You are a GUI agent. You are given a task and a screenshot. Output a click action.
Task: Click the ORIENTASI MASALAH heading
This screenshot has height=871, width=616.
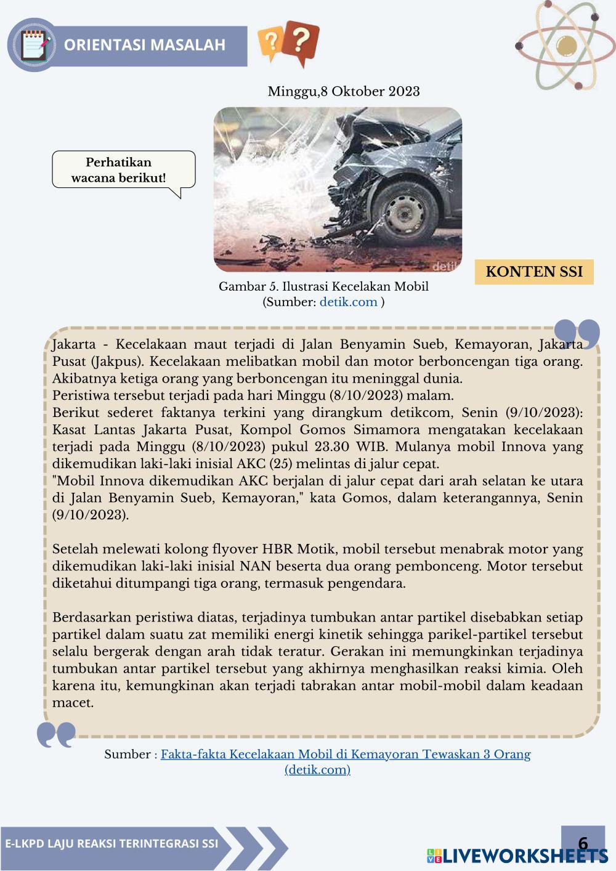point(145,45)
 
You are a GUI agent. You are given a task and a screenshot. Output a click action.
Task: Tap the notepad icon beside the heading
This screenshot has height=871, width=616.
point(33,45)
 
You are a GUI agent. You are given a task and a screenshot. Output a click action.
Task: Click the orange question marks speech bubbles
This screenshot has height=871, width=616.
point(289,43)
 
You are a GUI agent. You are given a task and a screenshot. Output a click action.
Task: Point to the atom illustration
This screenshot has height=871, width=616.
point(564,44)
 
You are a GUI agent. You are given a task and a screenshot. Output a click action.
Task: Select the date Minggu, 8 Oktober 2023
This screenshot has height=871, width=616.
point(343,92)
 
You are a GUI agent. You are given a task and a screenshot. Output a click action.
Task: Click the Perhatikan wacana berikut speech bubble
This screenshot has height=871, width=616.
point(123,171)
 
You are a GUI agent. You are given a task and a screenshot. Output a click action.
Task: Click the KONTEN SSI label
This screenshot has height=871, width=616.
point(533,272)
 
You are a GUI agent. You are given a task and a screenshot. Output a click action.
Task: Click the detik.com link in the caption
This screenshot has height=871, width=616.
point(348,302)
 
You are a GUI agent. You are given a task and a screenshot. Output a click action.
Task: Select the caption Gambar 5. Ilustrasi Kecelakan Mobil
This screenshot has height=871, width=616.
point(323,286)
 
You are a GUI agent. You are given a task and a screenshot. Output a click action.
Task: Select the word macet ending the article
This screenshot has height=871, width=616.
point(73,702)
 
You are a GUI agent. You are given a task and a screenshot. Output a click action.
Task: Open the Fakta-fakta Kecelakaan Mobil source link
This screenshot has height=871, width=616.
point(345,754)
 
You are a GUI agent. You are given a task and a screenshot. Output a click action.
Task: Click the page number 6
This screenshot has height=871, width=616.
point(583,843)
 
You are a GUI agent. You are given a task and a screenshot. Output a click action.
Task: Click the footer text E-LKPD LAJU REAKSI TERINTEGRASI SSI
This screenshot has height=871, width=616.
point(111,843)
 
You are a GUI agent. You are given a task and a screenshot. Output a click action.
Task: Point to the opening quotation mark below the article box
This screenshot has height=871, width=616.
point(56,734)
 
